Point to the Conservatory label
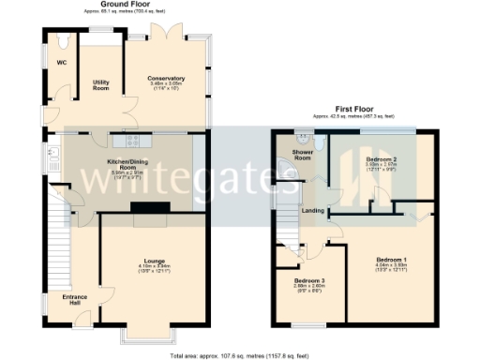pyautogui.click(x=167, y=79)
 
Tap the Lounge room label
pyautogui.click(x=154, y=261)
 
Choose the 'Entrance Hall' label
pyautogui.click(x=75, y=300)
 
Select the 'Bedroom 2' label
pyautogui.click(x=379, y=160)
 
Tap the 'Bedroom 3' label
pyautogui.click(x=310, y=280)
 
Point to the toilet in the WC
pyautogui.click(x=61, y=42)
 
